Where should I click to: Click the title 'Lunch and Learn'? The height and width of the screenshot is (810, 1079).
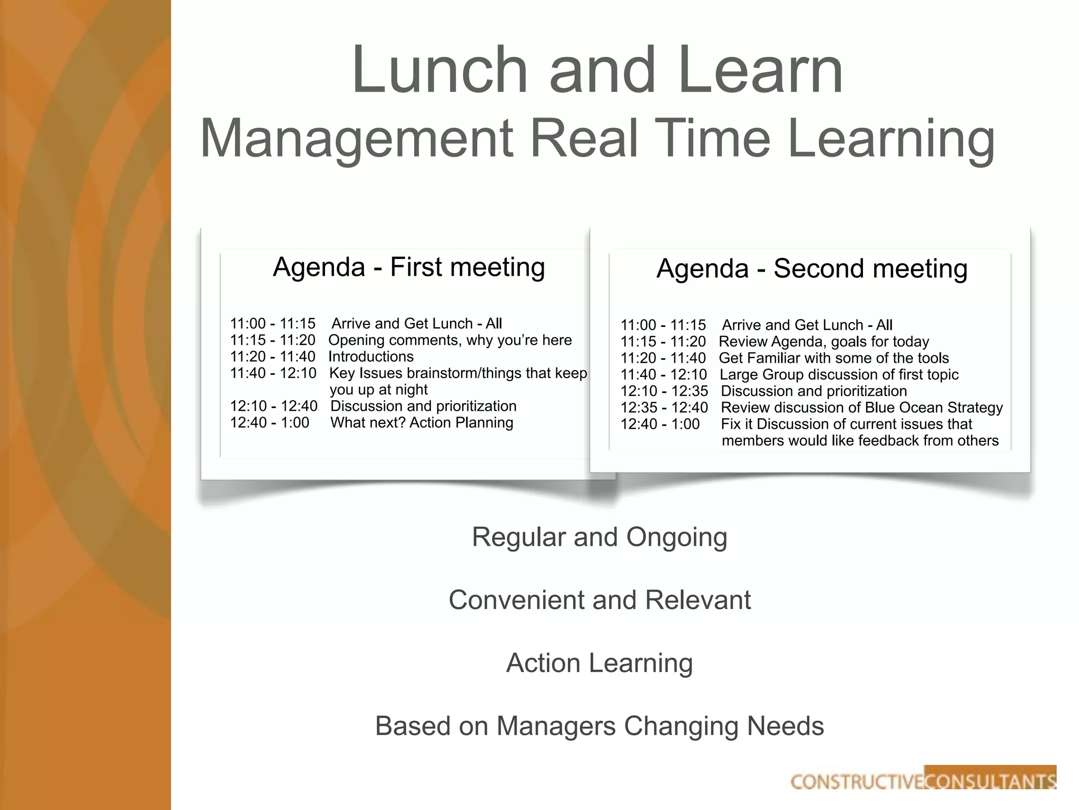pyautogui.click(x=597, y=70)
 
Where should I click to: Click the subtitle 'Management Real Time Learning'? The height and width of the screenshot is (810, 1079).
pyautogui.click(x=597, y=138)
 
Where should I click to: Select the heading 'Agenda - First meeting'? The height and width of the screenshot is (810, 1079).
pyautogui.click(x=409, y=267)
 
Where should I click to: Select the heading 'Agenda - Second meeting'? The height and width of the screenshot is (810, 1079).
pyautogui.click(x=812, y=268)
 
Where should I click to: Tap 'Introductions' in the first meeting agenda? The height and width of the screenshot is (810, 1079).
pyautogui.click(x=371, y=357)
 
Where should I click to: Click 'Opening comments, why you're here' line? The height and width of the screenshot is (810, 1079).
pyautogui.click(x=450, y=340)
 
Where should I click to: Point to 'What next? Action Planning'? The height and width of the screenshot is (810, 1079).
pyautogui.click(x=421, y=423)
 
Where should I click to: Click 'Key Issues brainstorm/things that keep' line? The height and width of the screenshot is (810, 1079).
pyautogui.click(x=458, y=373)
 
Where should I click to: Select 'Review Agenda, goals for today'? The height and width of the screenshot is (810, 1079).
pyautogui.click(x=824, y=342)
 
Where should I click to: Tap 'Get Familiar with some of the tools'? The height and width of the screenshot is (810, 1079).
pyautogui.click(x=834, y=359)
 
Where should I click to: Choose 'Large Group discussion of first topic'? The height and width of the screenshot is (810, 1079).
pyautogui.click(x=839, y=375)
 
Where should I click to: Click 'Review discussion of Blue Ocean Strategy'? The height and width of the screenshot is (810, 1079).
pyautogui.click(x=862, y=408)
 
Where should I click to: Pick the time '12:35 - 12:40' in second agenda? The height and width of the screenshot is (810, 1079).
pyautogui.click(x=664, y=408)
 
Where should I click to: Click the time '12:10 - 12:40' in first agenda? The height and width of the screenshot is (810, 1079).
pyautogui.click(x=273, y=406)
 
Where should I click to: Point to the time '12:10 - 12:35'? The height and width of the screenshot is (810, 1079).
pyautogui.click(x=664, y=391)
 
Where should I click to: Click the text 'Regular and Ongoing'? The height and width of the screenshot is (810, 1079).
pyautogui.click(x=600, y=537)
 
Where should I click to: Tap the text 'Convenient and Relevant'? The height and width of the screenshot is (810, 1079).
pyautogui.click(x=600, y=600)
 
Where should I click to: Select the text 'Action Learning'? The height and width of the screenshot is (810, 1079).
pyautogui.click(x=600, y=663)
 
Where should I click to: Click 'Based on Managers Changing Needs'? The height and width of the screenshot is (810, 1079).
pyautogui.click(x=600, y=726)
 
